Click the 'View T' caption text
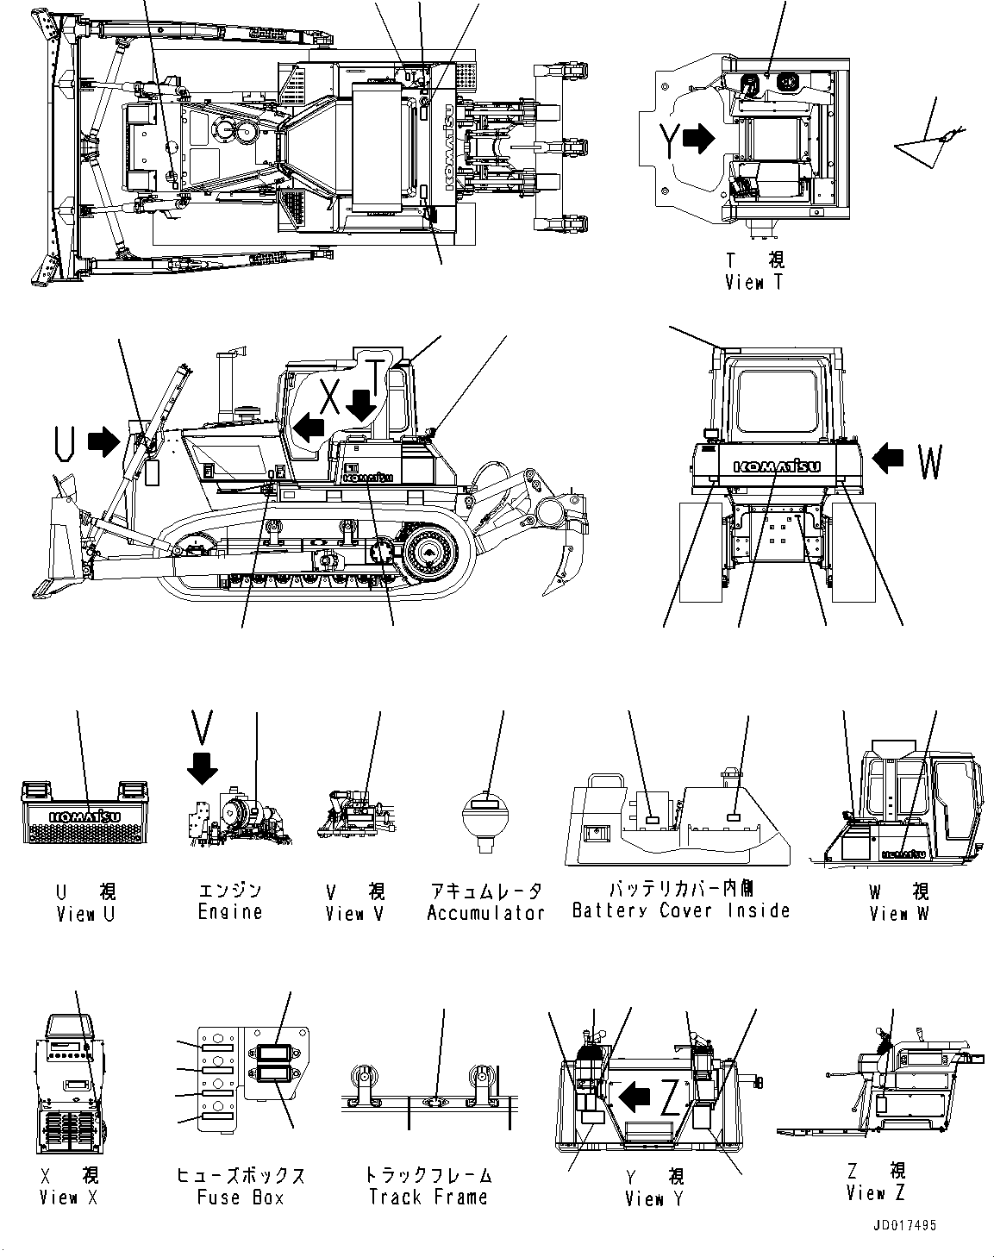tap(753, 282)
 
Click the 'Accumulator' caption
tap(485, 913)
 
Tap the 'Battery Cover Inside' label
tap(680, 910)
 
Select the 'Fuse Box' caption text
tap(241, 1198)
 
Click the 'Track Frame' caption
tap(428, 1197)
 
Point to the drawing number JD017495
tap(903, 1225)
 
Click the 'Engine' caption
tap(229, 912)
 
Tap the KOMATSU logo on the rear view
tap(777, 466)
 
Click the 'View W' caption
tap(899, 913)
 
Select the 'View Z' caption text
tap(877, 1193)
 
